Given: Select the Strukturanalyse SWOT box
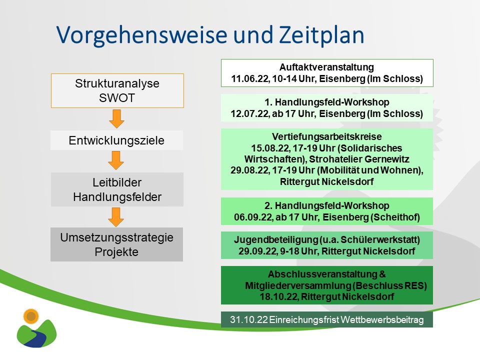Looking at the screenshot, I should coord(117,90).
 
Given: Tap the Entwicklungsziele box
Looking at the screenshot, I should coord(116,140).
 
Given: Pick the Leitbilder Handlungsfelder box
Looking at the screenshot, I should coord(117,190).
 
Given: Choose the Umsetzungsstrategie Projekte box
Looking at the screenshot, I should coord(116,244).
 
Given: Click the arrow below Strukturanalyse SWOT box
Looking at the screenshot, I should coord(116,118).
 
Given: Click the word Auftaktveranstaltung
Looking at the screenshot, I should coord(326,67).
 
